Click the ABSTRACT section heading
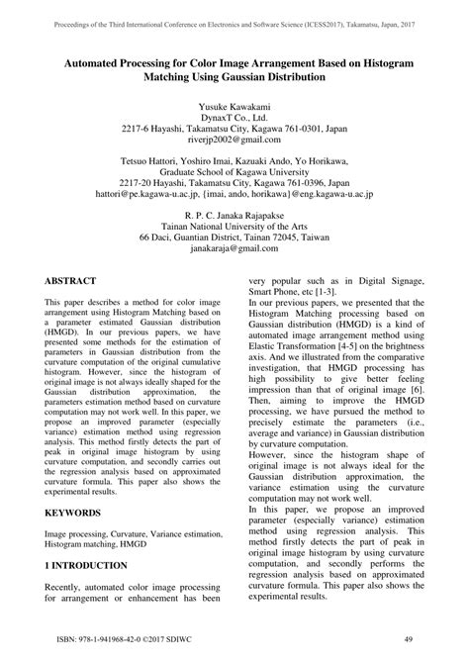click(x=77, y=281)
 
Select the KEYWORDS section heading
click(x=79, y=514)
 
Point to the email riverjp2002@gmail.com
click(x=234, y=142)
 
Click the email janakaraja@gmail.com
click(x=234, y=251)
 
